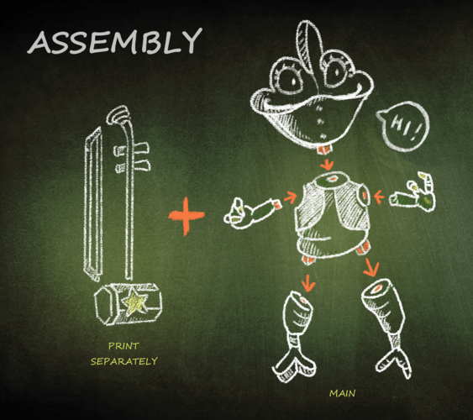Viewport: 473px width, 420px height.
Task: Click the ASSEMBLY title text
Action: coord(114,41)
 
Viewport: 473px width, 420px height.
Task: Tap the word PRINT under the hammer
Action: coord(124,346)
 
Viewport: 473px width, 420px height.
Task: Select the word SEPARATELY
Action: coord(124,361)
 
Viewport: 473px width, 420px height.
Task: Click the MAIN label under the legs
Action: coord(343,393)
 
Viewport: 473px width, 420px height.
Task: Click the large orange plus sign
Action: coord(187,216)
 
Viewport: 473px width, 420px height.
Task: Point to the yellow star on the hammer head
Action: coord(136,302)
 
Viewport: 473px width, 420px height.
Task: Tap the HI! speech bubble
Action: coord(403,126)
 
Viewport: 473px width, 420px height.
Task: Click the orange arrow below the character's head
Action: coord(327,165)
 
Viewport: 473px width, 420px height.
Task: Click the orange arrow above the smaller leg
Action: coord(308,283)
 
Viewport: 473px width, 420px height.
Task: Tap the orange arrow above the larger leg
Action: coord(371,267)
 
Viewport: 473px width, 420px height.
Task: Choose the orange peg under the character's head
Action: coord(324,150)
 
